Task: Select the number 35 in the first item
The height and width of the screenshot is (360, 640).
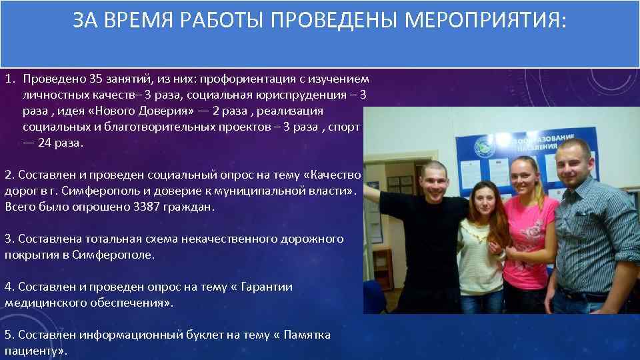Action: pyautogui.click(x=97, y=79)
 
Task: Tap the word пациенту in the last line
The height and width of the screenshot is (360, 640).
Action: pyautogui.click(x=31, y=351)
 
